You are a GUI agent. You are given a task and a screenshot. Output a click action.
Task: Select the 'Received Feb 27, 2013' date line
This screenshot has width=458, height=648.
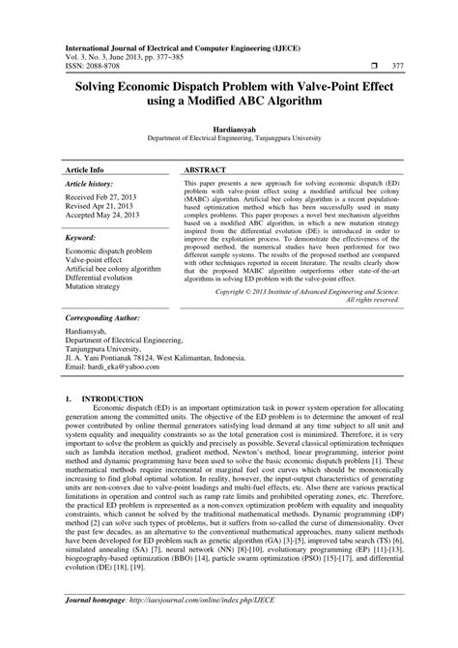pos(100,196)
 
